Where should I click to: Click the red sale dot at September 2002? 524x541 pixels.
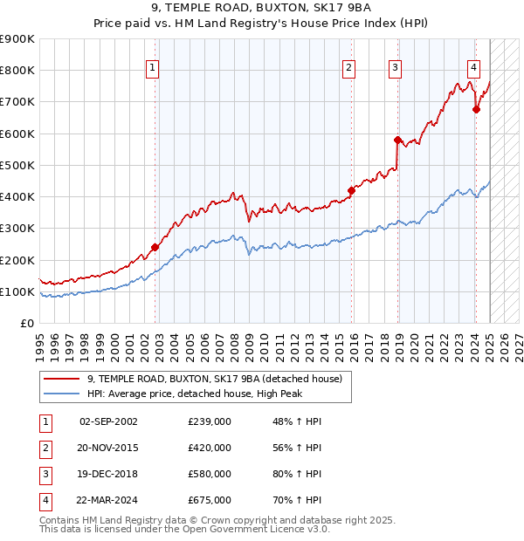click(x=155, y=247)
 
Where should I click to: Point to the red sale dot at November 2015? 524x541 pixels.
click(x=352, y=190)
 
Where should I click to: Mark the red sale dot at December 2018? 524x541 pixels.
click(x=397, y=140)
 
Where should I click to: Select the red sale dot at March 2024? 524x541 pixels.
click(x=476, y=109)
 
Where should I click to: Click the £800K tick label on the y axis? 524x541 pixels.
click(x=17, y=71)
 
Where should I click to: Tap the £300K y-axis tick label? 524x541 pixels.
click(x=17, y=229)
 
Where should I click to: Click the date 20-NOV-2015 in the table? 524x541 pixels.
click(x=108, y=448)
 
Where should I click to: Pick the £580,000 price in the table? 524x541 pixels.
click(x=210, y=474)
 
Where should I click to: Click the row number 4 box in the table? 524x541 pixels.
click(x=45, y=500)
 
